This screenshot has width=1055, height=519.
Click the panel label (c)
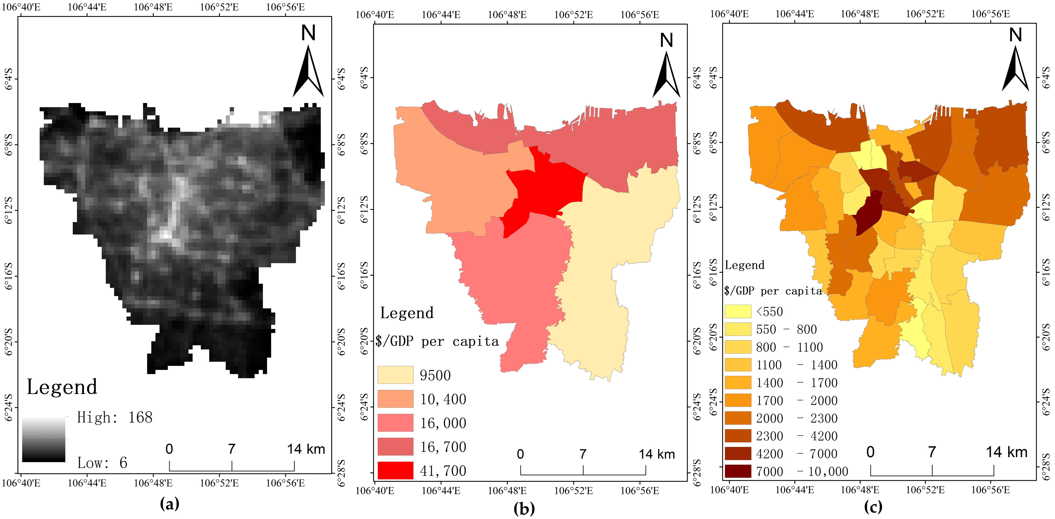(873, 507)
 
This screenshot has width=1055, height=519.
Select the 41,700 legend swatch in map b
(395, 470)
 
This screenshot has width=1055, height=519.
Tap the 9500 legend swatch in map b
(395, 375)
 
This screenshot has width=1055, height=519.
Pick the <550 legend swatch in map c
(738, 311)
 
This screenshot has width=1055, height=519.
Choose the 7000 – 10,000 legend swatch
(738, 471)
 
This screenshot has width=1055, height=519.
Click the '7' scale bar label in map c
(932, 452)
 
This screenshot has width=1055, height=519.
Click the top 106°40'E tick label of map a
(21, 7)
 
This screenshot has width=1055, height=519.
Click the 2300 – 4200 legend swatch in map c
(738, 436)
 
